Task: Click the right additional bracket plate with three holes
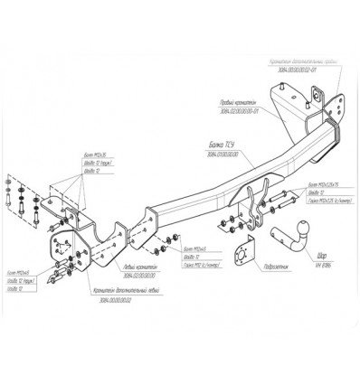click(319, 105)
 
